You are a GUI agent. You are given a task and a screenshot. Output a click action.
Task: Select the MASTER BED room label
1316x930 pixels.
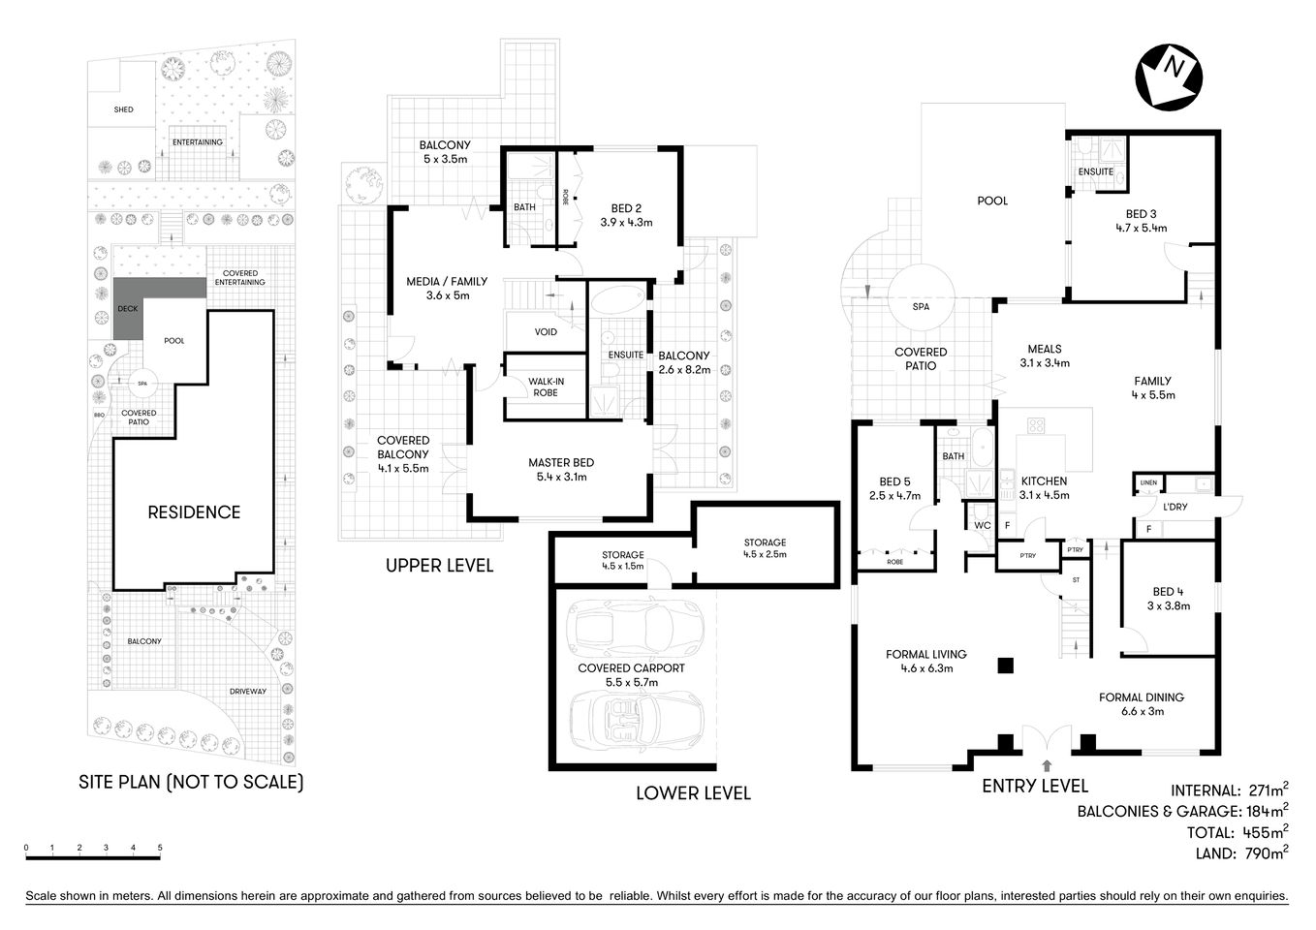click(560, 463)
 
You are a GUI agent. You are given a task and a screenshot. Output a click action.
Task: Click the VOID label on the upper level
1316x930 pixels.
click(546, 332)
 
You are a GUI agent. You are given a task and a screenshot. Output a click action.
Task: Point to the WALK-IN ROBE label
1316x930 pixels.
click(546, 387)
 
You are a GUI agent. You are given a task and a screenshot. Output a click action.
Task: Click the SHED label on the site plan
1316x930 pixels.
click(123, 109)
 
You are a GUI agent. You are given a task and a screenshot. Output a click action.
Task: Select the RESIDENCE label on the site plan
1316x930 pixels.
click(194, 512)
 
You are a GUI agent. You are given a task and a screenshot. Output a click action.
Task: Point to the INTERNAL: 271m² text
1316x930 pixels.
click(1229, 790)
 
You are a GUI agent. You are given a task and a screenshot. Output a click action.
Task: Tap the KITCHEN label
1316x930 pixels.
click(1044, 481)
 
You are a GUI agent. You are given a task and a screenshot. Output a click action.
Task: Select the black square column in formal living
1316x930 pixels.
click(1006, 666)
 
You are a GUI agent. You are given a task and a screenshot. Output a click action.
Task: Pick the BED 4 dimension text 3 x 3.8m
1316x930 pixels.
click(1168, 605)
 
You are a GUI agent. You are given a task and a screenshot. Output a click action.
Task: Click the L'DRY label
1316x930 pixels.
click(1175, 507)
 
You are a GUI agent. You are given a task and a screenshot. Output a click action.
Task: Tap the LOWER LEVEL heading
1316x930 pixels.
click(693, 793)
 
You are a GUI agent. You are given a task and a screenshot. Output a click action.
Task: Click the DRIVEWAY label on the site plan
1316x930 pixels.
click(248, 691)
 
